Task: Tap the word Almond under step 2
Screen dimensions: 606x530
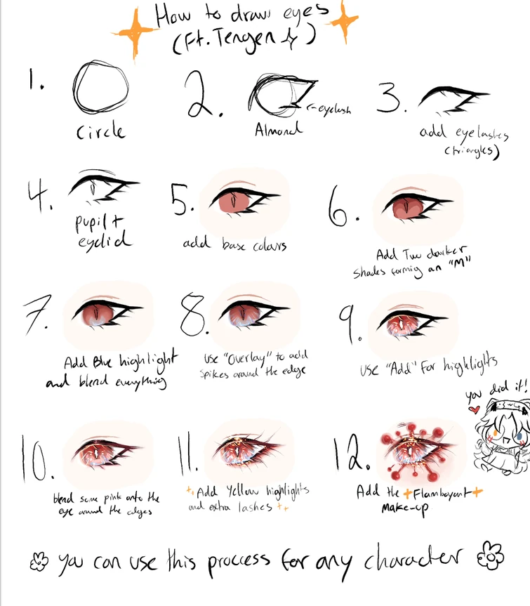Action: pos(279,130)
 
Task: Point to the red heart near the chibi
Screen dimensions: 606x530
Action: pos(474,409)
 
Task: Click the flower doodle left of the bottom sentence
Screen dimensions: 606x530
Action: pos(39,560)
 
